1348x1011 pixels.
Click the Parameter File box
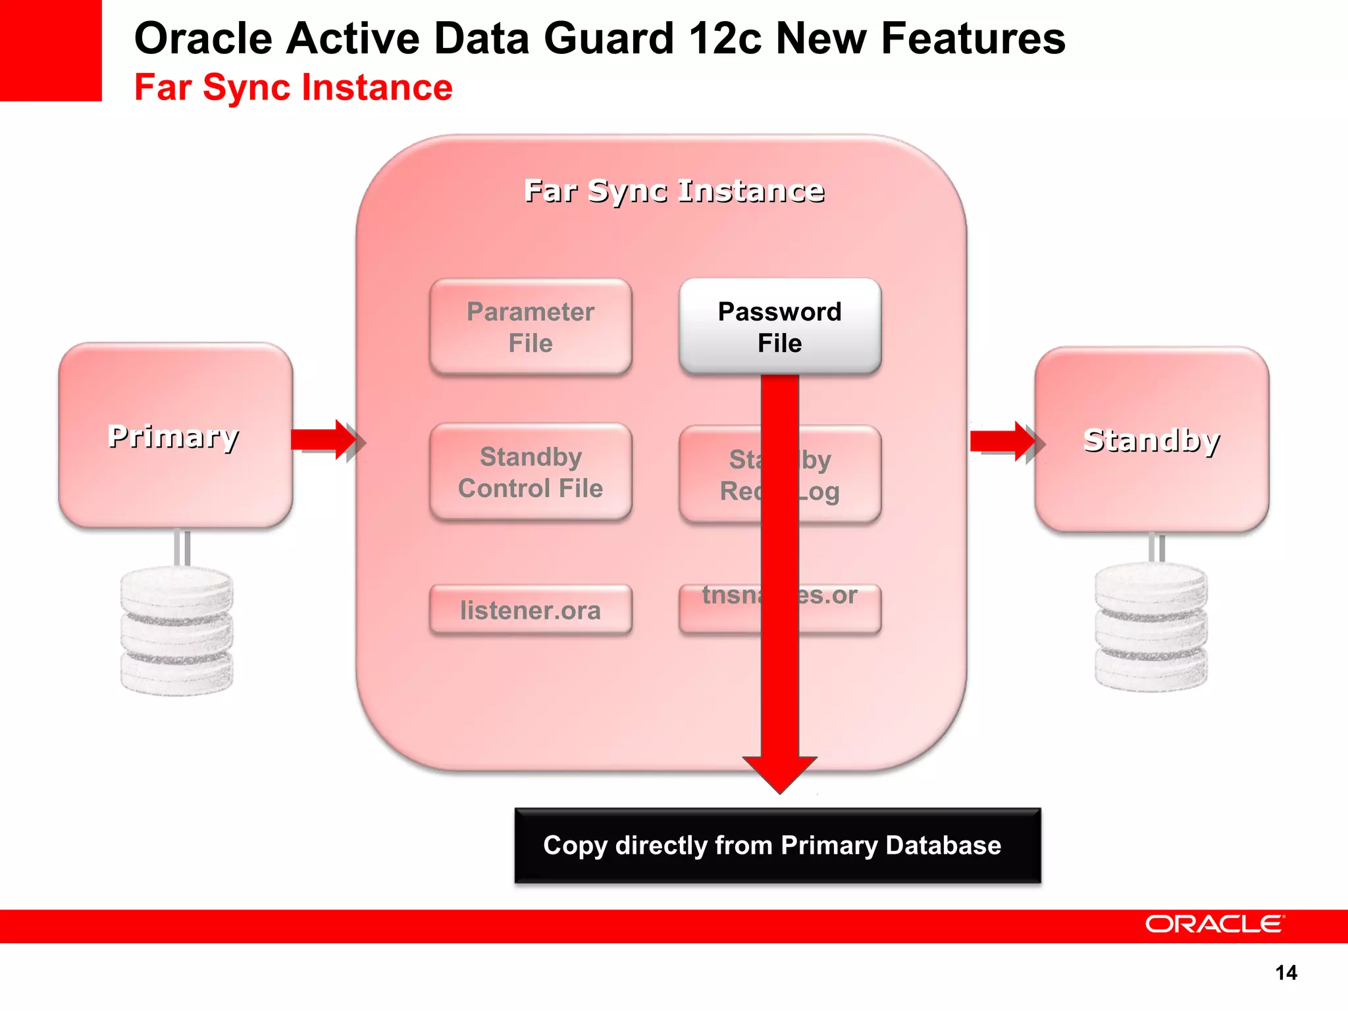point(531,327)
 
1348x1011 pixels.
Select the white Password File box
point(779,327)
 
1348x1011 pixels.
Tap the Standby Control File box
point(531,472)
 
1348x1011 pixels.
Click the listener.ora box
point(531,610)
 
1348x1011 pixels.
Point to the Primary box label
point(174,436)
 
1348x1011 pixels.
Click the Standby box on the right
point(1151,440)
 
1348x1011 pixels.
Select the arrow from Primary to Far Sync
point(325,440)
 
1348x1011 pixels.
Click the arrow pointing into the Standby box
point(1004,441)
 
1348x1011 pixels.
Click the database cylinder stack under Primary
point(176,631)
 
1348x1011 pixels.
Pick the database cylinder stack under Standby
point(1151,627)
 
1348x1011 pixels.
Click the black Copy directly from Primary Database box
point(777,846)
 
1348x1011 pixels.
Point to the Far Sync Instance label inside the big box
point(674,191)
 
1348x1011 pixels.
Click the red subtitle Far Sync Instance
point(294,88)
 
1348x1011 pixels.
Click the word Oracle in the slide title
point(203,38)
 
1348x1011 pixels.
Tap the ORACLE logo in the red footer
point(1214,924)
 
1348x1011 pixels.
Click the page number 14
point(1285,973)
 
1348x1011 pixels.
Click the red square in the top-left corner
point(50,50)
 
